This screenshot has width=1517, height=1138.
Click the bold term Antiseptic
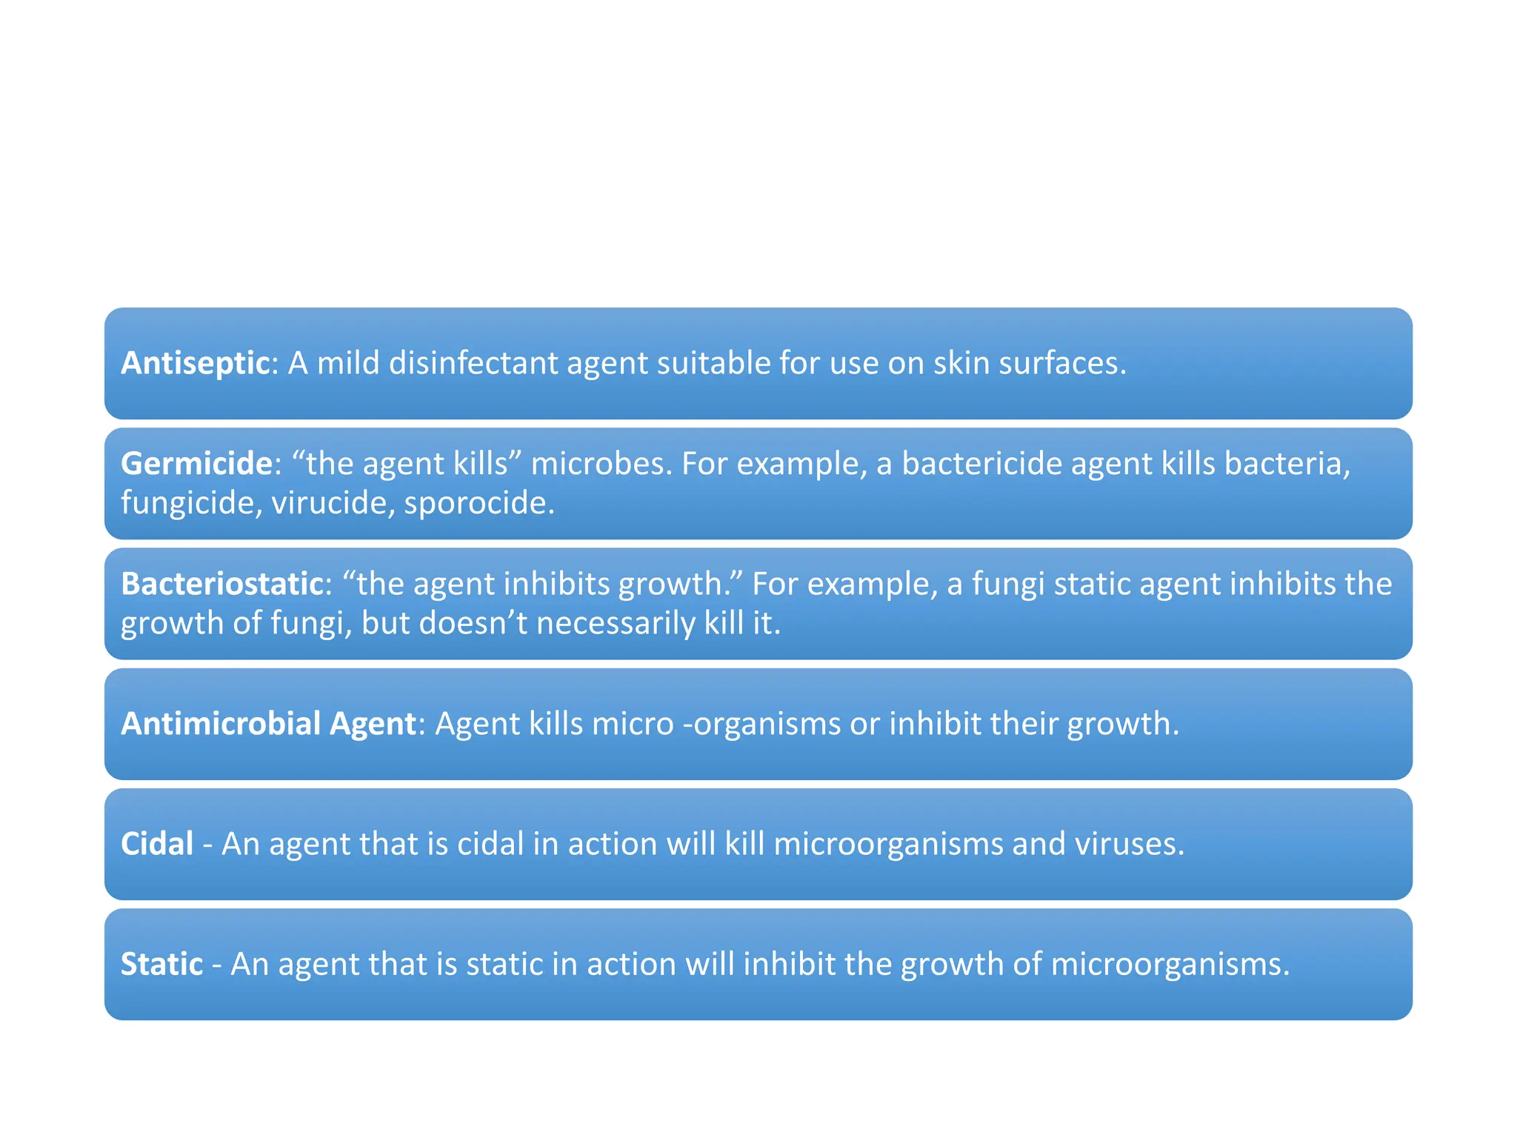(x=195, y=363)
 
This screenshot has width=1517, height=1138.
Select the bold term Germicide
(x=196, y=464)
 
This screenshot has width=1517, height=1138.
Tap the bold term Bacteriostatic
(x=222, y=584)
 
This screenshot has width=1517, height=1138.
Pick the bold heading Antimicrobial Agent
(x=268, y=724)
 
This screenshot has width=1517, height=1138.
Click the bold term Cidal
(x=157, y=844)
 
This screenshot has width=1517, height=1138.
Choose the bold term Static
(x=161, y=964)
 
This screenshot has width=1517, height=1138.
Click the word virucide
(x=333, y=503)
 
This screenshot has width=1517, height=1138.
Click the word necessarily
(x=616, y=623)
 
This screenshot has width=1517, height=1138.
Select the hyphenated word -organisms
(x=761, y=724)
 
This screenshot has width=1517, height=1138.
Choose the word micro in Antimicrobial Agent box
(x=633, y=724)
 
